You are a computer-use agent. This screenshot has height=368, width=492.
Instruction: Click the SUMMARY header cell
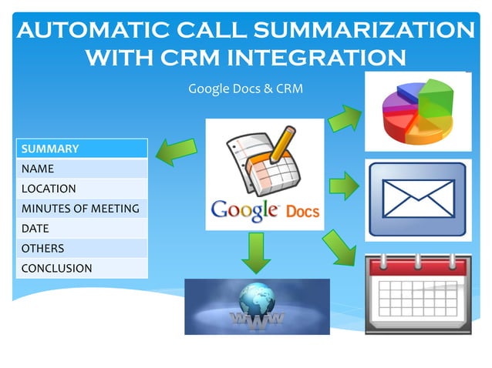coord(81,148)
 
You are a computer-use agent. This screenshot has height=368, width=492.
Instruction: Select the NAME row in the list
coord(81,168)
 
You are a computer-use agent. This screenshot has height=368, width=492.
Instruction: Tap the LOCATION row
coord(81,188)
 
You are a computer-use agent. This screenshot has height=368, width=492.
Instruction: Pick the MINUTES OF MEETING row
coord(81,208)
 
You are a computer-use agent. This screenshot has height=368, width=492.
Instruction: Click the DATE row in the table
coord(81,228)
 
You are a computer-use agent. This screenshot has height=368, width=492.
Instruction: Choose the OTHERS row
coord(81,248)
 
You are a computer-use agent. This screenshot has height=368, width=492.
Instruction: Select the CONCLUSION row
coord(81,268)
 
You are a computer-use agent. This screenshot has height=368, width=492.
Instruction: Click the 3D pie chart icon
coord(417,111)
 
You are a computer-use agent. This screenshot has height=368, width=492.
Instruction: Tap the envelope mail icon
coord(417,199)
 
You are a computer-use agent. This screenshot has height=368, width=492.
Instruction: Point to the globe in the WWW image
coord(255,299)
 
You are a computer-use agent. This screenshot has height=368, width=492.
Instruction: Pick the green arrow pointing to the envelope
coord(344,186)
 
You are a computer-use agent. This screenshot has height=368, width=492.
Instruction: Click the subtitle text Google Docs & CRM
coord(245,89)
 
